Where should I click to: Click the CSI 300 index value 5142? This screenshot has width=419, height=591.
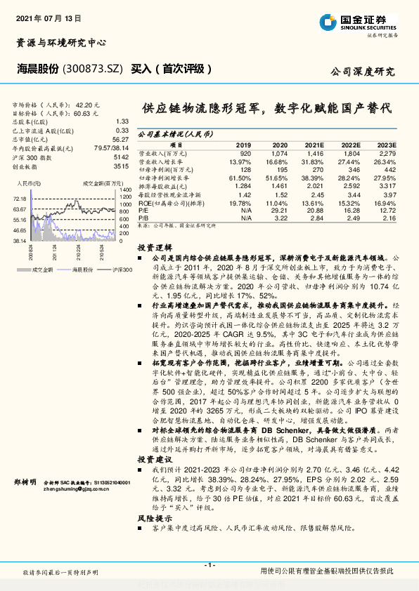click(121, 157)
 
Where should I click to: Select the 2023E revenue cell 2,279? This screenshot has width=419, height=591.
click(387, 153)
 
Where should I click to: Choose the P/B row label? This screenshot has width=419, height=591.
click(143, 218)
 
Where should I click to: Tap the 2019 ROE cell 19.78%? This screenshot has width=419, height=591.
click(240, 202)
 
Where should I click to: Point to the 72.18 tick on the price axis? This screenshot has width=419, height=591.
click(19, 199)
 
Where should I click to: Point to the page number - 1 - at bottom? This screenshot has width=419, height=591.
click(209, 565)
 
